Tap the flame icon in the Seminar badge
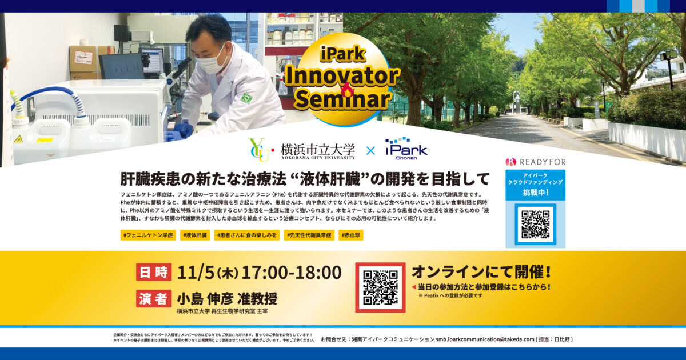pyautogui.click(x=347, y=90)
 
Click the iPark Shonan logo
pyautogui.click(x=406, y=149)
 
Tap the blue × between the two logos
pyautogui.click(x=370, y=151)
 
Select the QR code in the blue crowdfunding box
pyautogui.click(x=535, y=224)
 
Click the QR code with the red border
pyautogui.click(x=380, y=287)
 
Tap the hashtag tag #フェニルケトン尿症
pyautogui.click(x=147, y=235)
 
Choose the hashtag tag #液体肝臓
pyautogui.click(x=196, y=235)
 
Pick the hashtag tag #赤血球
pyautogui.click(x=350, y=235)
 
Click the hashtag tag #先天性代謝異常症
pyautogui.click(x=309, y=235)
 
